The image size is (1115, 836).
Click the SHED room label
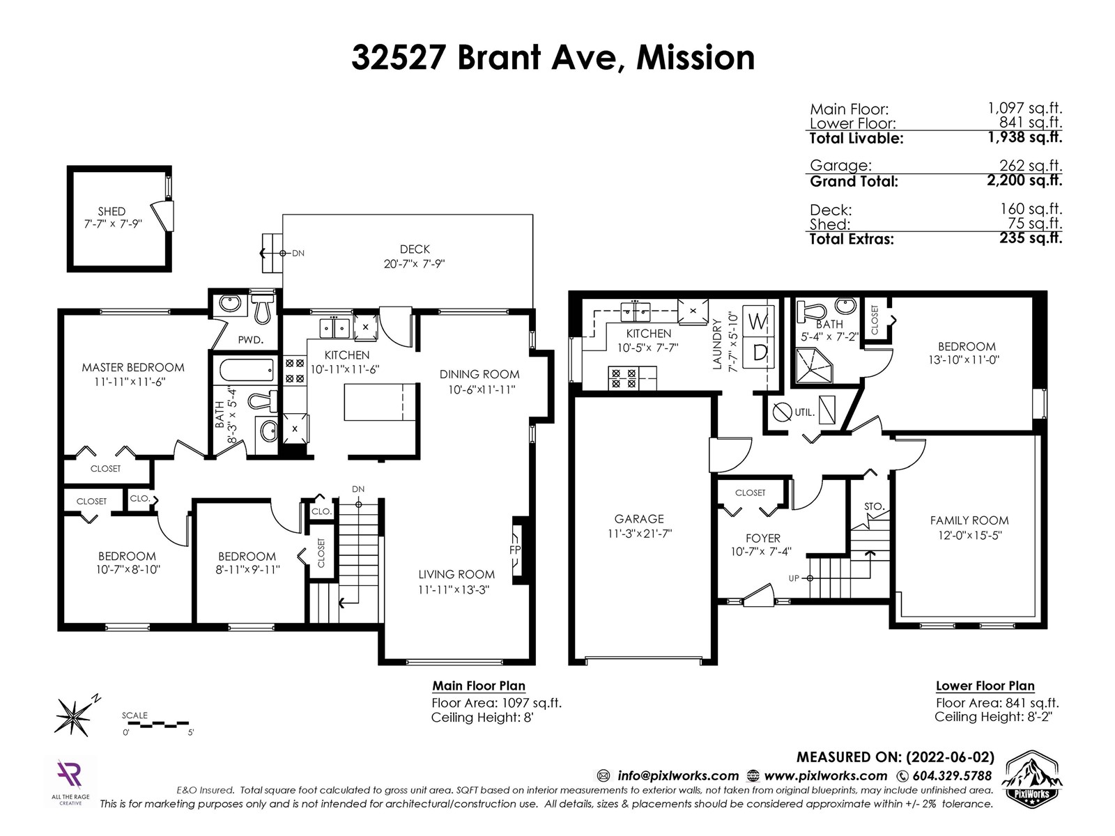(x=111, y=211)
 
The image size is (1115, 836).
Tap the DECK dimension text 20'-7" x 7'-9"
(x=414, y=264)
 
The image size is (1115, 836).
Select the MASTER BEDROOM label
(x=133, y=368)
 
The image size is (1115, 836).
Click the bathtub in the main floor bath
(x=247, y=369)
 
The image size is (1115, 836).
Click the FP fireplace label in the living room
(x=514, y=550)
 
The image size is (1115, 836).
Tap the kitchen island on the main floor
(x=380, y=402)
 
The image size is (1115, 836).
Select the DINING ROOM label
(x=479, y=375)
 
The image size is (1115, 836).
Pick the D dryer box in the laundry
(x=758, y=353)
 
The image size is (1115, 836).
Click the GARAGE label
(x=639, y=519)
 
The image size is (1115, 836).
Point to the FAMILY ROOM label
(x=969, y=520)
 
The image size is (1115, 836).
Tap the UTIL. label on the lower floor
(x=805, y=412)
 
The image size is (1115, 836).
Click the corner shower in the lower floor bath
(x=814, y=366)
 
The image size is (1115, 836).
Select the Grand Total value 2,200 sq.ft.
(x=1024, y=180)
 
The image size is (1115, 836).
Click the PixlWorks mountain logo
(x=1033, y=777)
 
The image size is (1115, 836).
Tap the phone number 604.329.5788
(x=952, y=776)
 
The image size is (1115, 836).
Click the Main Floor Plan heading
(x=479, y=686)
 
